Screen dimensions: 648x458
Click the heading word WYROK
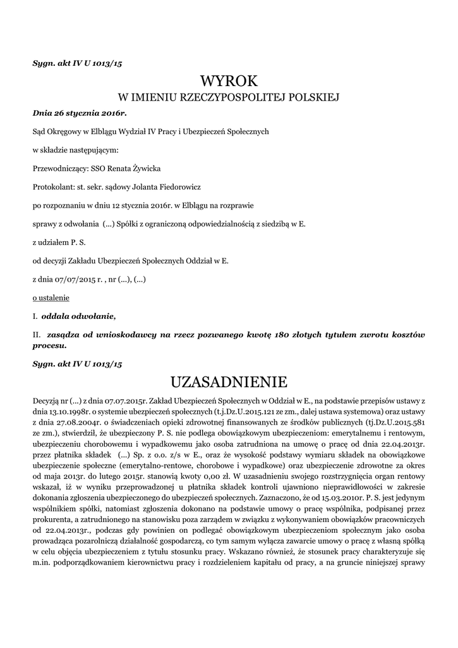[229, 82]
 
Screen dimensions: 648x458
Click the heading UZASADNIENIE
[229, 382]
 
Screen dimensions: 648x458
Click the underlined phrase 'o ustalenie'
[51, 297]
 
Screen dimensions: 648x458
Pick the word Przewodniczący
[61, 168]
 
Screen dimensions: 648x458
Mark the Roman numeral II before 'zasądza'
[36, 334]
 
